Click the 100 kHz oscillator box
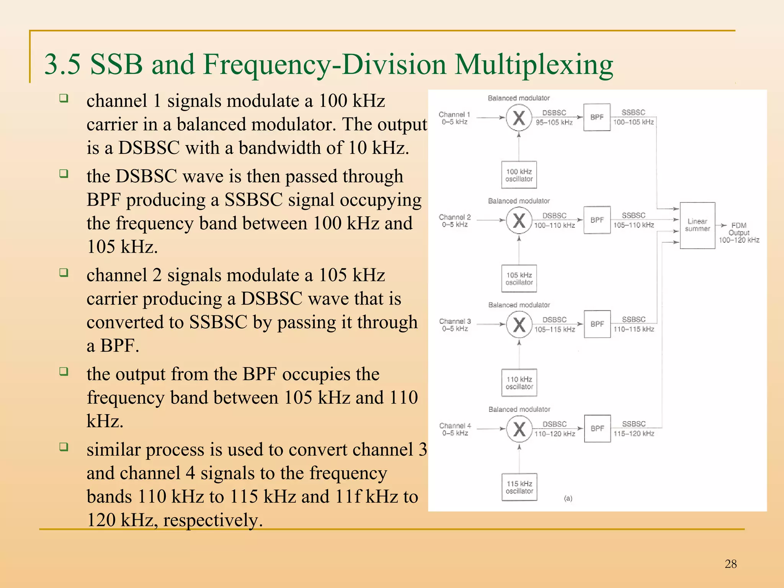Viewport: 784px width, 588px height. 519,175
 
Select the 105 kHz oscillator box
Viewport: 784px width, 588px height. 519,278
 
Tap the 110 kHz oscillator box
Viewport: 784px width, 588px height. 519,382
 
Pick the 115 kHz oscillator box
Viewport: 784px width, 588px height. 519,487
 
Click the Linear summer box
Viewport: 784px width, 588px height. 697,225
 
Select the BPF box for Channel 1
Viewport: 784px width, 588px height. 596,117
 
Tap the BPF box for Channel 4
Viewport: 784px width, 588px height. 597,428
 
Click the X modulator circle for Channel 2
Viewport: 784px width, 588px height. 519,220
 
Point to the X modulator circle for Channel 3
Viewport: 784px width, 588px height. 519,325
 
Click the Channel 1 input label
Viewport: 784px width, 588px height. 454,118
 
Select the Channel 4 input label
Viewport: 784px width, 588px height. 455,429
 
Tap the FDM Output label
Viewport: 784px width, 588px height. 739,232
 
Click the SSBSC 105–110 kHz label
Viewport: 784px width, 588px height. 634,220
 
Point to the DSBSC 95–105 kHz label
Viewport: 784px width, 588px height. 554,118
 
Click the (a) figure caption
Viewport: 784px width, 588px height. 568,498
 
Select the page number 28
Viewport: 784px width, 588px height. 730,564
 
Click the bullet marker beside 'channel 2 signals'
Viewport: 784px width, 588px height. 64,273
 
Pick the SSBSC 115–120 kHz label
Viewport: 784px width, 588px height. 634,429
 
